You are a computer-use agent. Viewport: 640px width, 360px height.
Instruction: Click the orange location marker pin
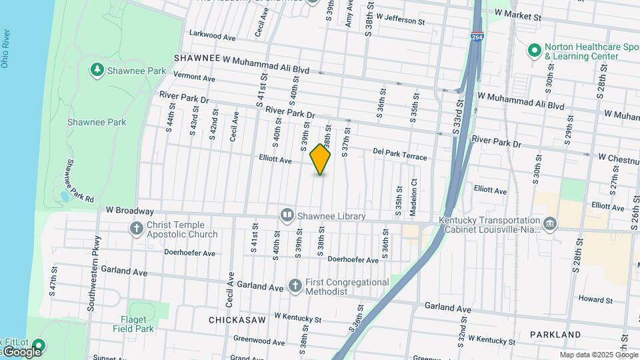coord(321,159)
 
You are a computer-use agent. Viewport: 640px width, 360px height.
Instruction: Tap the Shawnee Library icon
coord(287,215)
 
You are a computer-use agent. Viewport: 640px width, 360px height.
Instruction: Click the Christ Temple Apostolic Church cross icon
coord(137,229)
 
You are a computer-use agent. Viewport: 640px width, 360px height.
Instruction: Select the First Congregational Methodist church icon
coord(295,286)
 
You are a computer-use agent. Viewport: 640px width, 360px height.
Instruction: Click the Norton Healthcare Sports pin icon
coord(533,51)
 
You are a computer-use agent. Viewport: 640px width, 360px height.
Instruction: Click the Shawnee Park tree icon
coord(97,69)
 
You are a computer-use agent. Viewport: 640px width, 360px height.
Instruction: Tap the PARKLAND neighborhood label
coord(555,333)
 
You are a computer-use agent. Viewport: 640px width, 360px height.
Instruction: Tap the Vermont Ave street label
coord(194,77)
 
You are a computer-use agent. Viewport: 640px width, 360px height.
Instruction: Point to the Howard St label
coord(595,300)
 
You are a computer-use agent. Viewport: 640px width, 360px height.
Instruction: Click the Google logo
coord(21,351)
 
